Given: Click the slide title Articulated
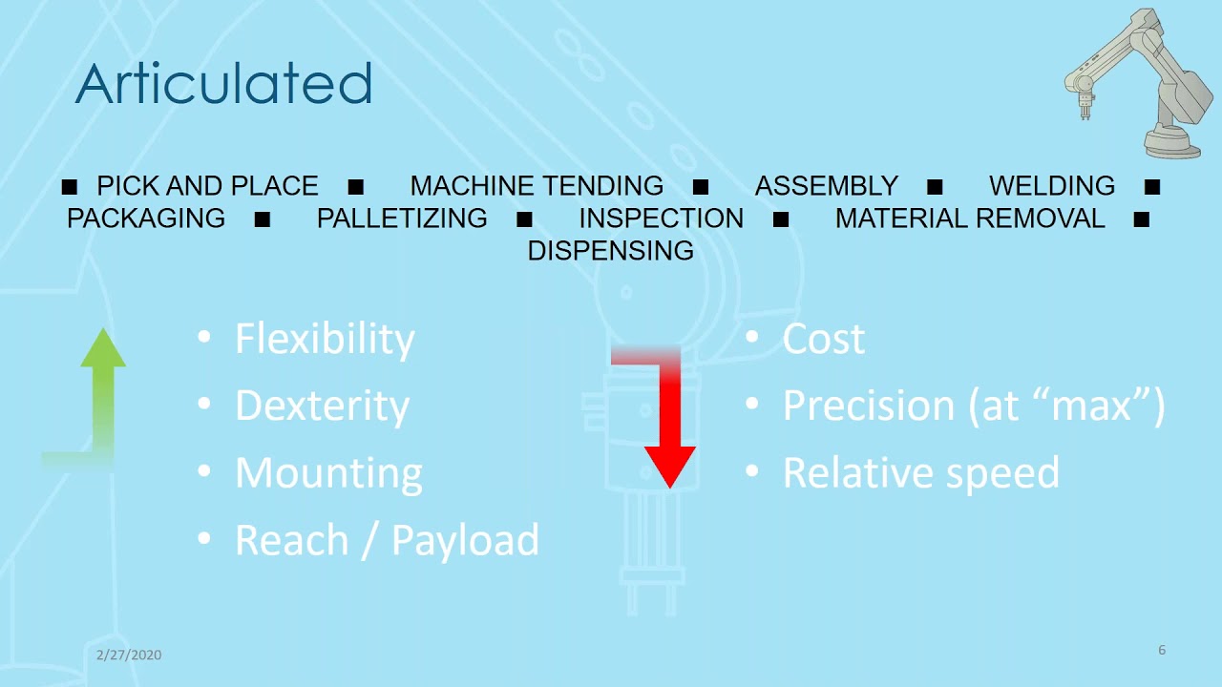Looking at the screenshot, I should click(x=223, y=84).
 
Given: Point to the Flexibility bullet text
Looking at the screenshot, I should click(x=325, y=340).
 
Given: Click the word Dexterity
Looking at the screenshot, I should click(x=322, y=406).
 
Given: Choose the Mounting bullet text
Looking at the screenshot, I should click(x=328, y=473).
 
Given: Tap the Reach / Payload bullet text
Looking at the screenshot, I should click(x=387, y=540).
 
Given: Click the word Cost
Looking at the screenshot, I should click(x=823, y=340).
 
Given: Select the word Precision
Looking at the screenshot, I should click(x=868, y=406).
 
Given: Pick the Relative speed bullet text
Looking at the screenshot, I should click(x=920, y=473).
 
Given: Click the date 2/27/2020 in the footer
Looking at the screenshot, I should click(x=129, y=655).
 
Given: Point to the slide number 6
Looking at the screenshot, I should click(x=1162, y=650).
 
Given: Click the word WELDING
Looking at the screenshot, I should click(x=1052, y=185).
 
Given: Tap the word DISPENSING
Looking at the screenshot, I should click(x=611, y=250).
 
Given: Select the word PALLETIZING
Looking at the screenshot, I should click(x=402, y=218).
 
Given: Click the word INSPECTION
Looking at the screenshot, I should click(x=661, y=218).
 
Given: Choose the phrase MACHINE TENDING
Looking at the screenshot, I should click(x=537, y=185).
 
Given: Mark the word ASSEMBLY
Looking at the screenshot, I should click(x=827, y=185).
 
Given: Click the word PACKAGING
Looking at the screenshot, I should click(x=146, y=218).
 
